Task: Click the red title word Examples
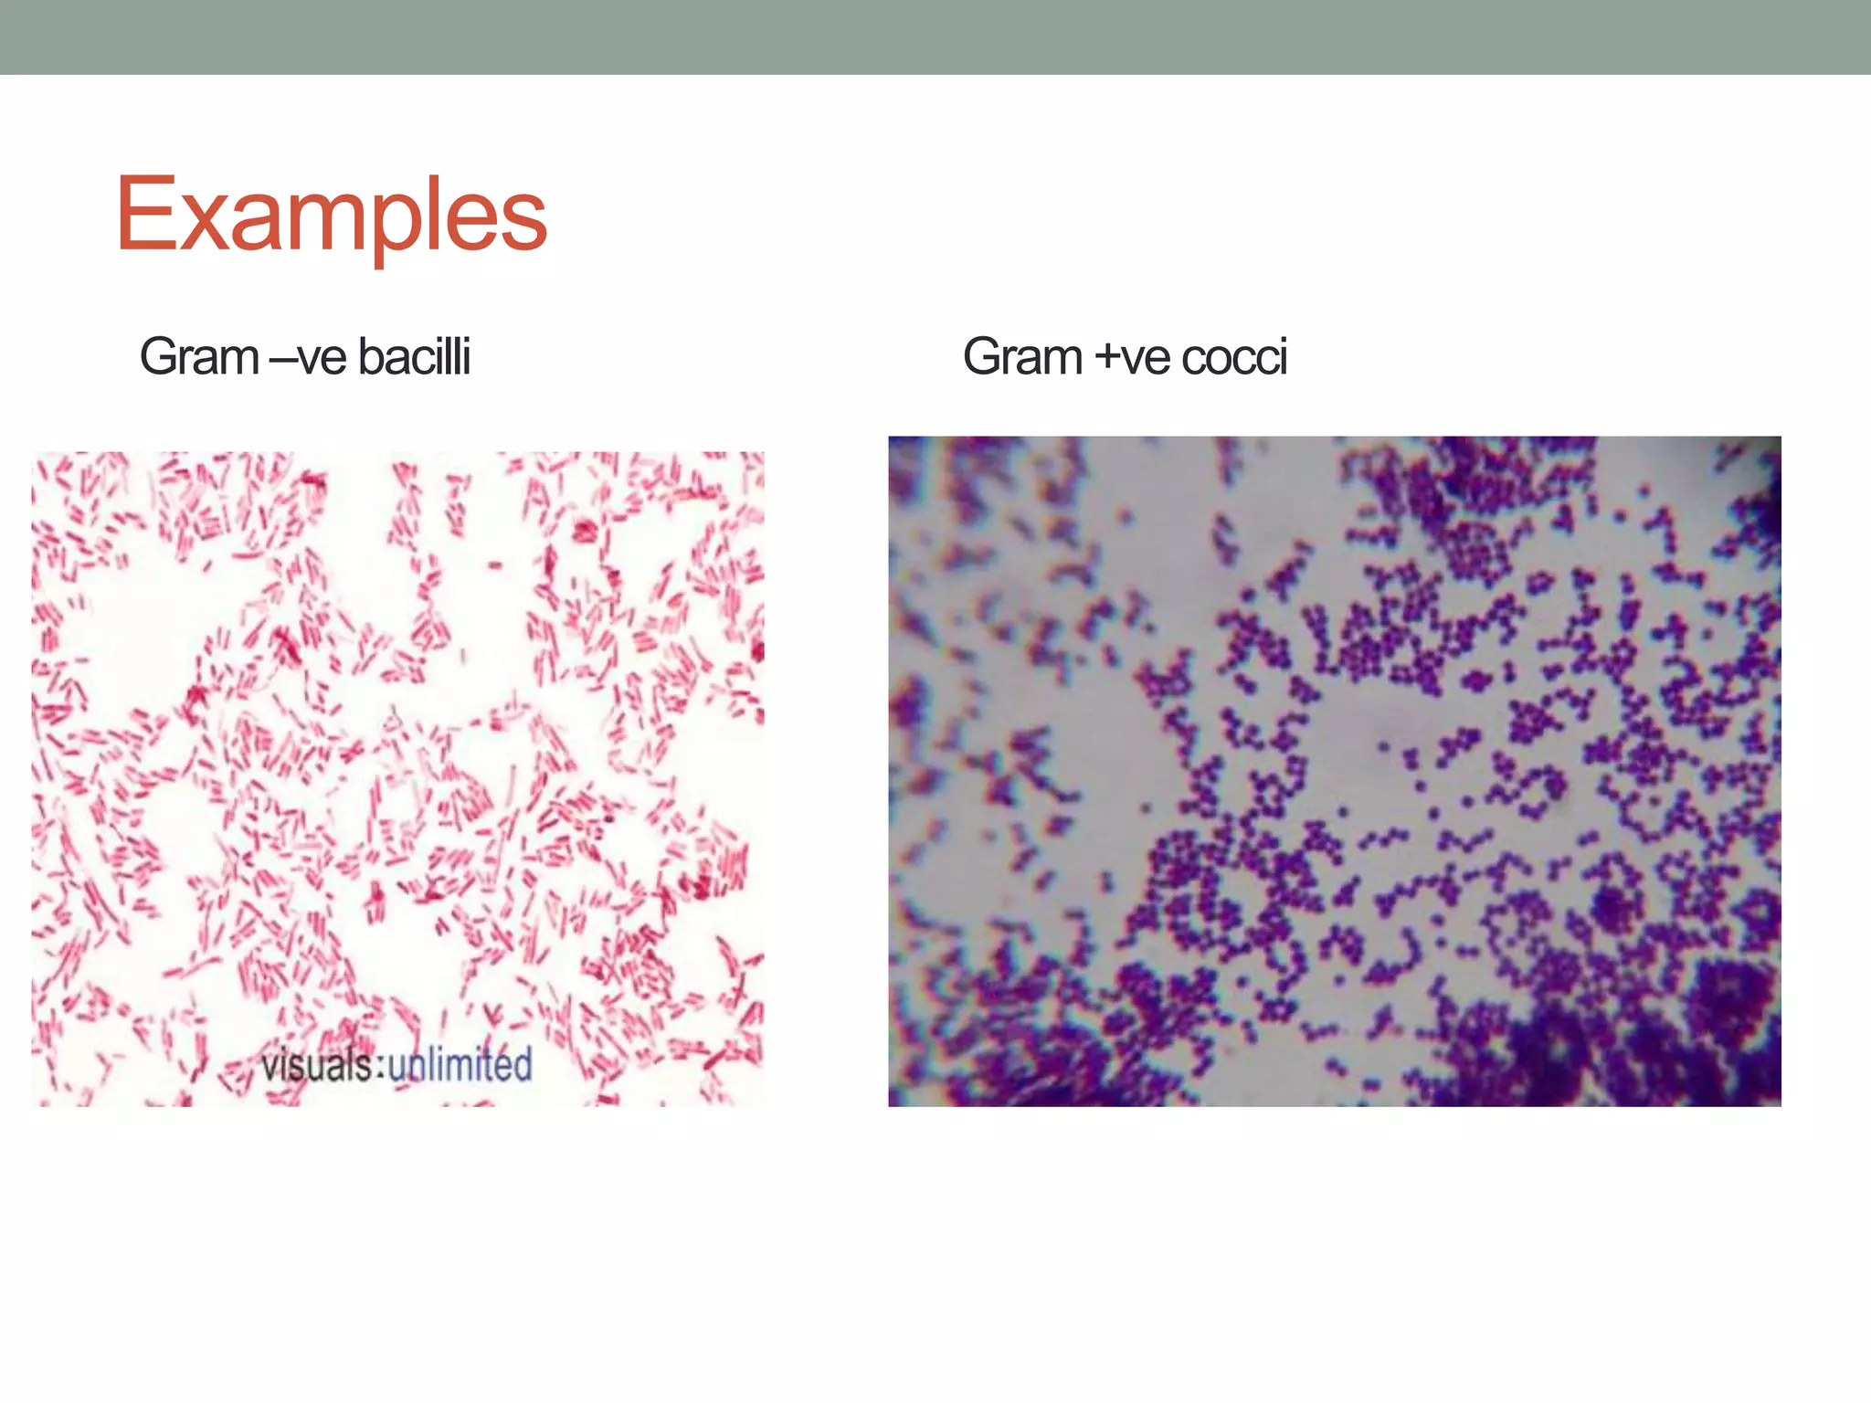click(x=331, y=215)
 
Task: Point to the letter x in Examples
click(x=203, y=224)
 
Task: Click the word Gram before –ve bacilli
click(x=199, y=356)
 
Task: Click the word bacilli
click(x=414, y=356)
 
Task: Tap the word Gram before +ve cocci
click(x=1022, y=356)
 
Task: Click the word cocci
click(x=1234, y=358)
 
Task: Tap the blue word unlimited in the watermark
click(x=460, y=1064)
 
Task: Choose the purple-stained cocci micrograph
click(x=1334, y=771)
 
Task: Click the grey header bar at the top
click(x=935, y=37)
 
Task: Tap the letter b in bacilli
click(x=371, y=356)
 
